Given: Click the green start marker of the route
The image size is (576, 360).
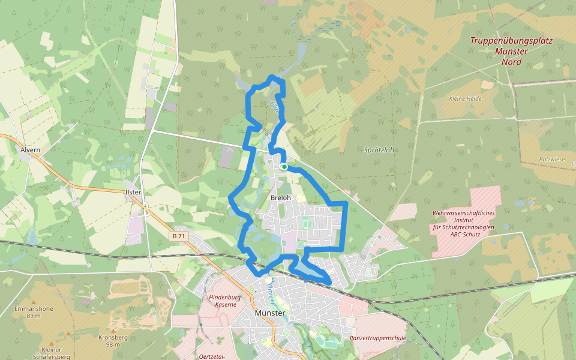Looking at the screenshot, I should point(284,167).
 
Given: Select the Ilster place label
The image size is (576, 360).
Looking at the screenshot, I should point(133,192).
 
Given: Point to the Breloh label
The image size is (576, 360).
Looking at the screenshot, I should point(281,197).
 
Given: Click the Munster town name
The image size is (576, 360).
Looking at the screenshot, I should point(269,313).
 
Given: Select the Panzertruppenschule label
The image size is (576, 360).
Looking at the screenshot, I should point(378,338).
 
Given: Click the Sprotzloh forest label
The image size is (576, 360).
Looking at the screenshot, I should point(379,150).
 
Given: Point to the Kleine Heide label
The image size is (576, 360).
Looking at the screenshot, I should point(465,98).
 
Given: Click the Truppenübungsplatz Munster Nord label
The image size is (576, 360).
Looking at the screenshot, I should point(511,51).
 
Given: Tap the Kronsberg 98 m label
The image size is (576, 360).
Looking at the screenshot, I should point(109,341).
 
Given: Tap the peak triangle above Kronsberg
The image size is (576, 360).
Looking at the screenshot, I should point(110,330).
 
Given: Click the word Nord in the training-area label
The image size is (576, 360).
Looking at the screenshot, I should point(511,62).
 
